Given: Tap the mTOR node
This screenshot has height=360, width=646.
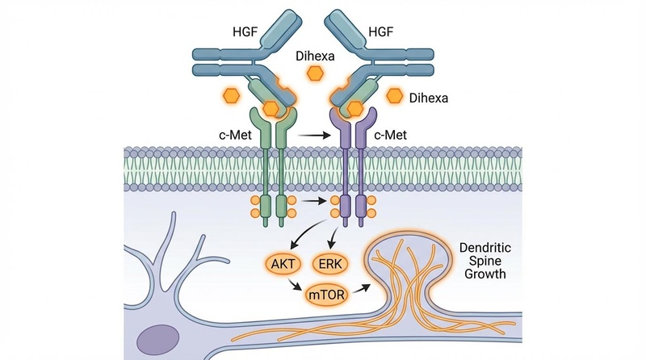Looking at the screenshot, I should pyautogui.click(x=325, y=295).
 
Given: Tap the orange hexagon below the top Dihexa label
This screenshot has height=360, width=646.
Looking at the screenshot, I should pyautogui.click(x=313, y=73).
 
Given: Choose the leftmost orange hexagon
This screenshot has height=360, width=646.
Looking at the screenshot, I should pyautogui.click(x=232, y=96).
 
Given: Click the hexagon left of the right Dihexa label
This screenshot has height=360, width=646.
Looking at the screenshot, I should pyautogui.click(x=394, y=96).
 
